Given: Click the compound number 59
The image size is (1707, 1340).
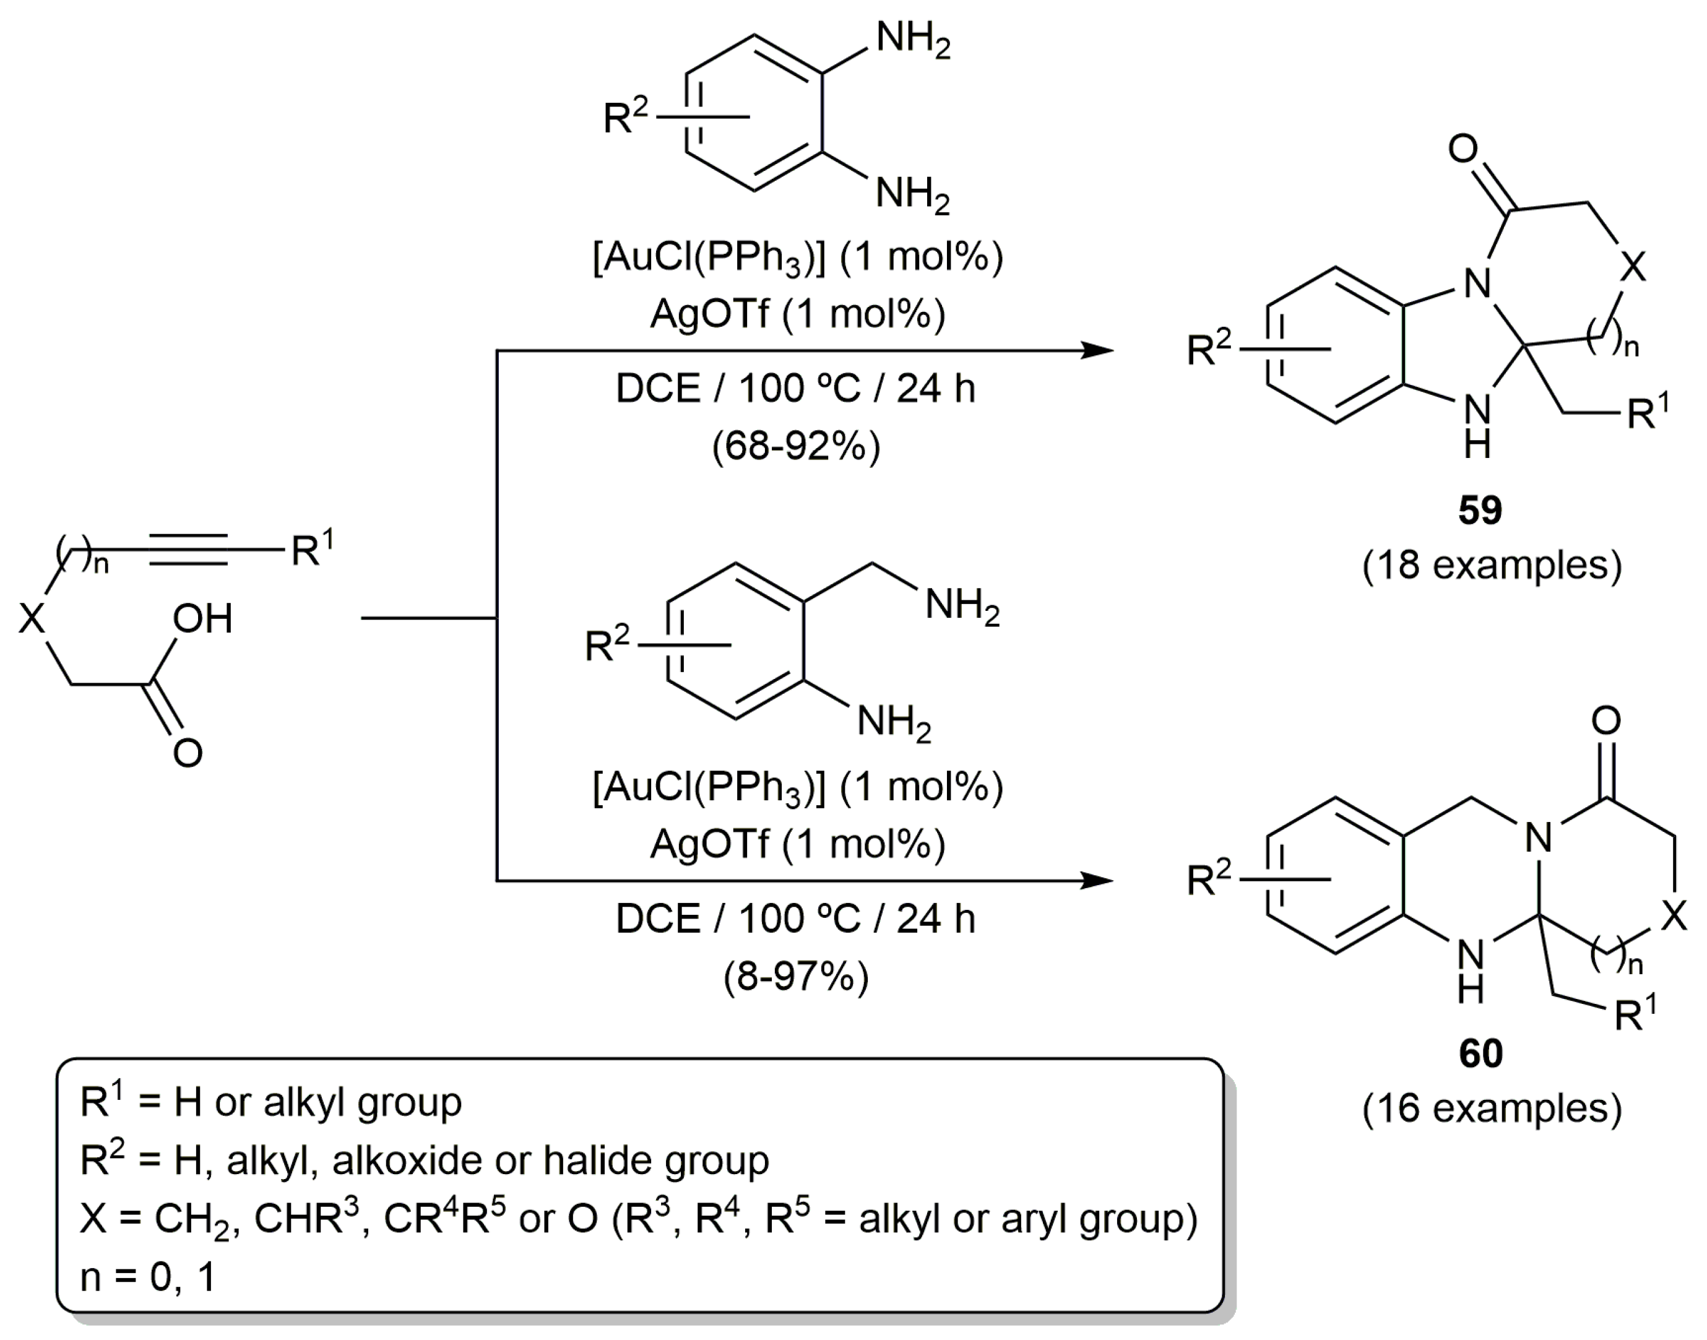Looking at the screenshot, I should (1479, 510).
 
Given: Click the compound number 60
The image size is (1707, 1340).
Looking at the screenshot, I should (1479, 1053).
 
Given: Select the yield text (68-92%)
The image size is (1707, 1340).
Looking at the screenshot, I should (796, 446).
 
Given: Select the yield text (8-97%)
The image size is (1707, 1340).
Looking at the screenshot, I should (796, 977).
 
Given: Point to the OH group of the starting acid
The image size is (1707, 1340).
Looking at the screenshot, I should (202, 619).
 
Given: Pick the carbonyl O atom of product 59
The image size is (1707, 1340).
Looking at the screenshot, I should (1464, 149).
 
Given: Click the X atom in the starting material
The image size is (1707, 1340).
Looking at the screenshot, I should (32, 619).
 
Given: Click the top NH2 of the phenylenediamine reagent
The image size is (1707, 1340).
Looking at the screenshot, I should (912, 38).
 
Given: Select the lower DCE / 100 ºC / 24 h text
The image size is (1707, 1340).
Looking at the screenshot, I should (795, 919).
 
